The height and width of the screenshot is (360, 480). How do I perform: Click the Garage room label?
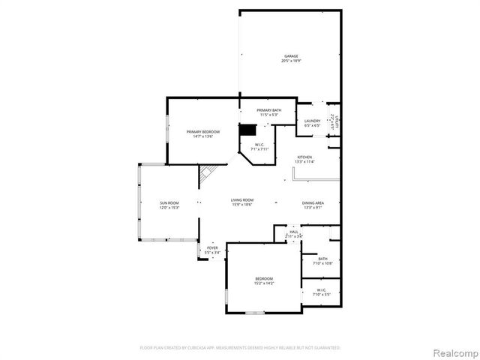pyautogui.click(x=291, y=56)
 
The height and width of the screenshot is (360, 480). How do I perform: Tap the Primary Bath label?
pyautogui.click(x=269, y=111)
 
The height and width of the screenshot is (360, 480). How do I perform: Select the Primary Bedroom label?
pyautogui.click(x=203, y=132)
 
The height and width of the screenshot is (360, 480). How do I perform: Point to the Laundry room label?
pyautogui.click(x=312, y=121)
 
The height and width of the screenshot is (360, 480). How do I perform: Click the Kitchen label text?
pyautogui.click(x=304, y=157)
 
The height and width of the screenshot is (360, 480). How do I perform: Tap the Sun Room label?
pyautogui.click(x=169, y=203)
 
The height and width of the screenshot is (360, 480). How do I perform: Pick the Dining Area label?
pyautogui.click(x=313, y=203)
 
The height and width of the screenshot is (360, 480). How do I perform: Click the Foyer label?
pyautogui.click(x=213, y=247)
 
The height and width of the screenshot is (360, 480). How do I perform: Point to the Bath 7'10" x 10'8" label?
pyautogui.click(x=323, y=259)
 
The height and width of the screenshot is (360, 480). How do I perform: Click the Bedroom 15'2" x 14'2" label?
pyautogui.click(x=263, y=279)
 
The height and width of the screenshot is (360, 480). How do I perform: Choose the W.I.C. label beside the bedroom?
pyautogui.click(x=321, y=289)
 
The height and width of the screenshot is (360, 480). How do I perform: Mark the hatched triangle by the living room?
pyautogui.click(x=205, y=172)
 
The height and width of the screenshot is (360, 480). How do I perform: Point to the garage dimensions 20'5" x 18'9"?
pyautogui.click(x=291, y=61)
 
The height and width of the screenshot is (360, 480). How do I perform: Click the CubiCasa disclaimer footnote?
pyautogui.click(x=240, y=348)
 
